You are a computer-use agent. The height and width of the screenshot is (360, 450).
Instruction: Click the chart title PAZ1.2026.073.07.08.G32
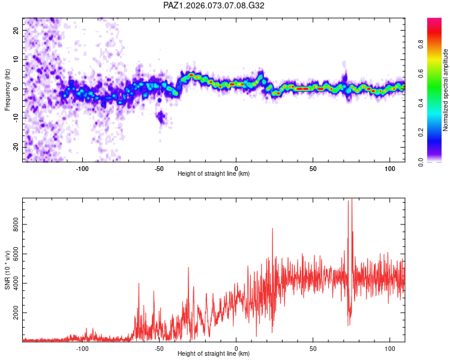point(214,5)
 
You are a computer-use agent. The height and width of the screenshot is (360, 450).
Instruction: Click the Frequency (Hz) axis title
point(7,89)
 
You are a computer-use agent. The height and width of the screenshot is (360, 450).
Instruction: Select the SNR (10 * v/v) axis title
point(7,270)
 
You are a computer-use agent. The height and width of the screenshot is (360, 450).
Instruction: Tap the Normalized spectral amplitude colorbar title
point(446,90)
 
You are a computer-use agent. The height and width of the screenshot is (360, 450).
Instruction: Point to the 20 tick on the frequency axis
point(16,30)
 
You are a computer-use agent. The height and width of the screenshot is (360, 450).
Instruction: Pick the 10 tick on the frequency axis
point(16,59)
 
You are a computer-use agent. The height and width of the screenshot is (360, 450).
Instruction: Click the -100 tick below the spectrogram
point(83,167)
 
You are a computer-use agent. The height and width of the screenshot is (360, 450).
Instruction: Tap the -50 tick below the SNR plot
point(159,347)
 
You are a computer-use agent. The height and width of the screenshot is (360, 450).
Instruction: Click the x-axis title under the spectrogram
point(214,173)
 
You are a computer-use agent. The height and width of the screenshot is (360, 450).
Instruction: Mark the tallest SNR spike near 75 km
point(352,200)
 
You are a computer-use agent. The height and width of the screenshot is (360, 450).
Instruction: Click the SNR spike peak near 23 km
point(272,229)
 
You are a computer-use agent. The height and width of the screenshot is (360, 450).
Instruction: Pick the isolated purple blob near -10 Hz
point(160,116)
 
